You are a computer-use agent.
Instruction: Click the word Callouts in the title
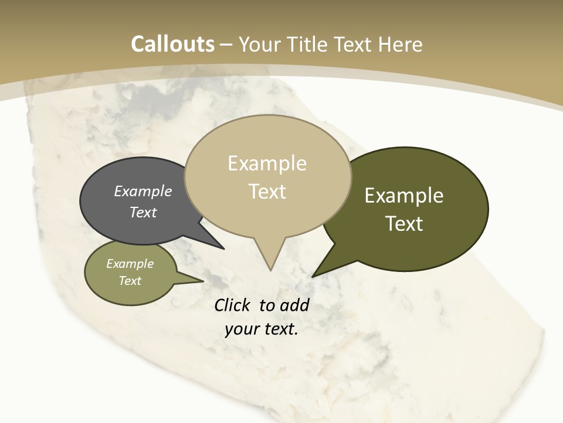pos(172,44)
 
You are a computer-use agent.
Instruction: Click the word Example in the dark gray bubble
pos(143,191)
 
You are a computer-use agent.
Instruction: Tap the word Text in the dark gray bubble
pos(143,212)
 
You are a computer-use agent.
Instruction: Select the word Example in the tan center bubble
pos(267,163)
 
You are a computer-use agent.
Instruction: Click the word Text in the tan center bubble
pos(267,191)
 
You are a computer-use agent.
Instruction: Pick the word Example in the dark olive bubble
pos(404,196)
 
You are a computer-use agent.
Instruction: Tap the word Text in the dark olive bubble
pos(404,223)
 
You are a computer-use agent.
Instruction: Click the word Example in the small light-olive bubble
pos(130,264)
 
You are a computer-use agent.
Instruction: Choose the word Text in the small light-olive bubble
pos(130,281)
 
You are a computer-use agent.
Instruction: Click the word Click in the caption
pos(234,305)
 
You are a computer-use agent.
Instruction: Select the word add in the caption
pos(294,305)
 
